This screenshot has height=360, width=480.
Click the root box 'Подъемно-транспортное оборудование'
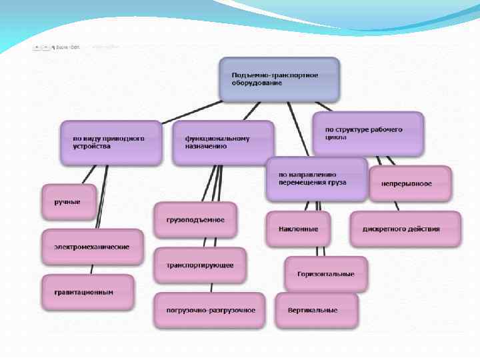click(279, 79)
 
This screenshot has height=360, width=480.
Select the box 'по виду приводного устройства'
click(111, 143)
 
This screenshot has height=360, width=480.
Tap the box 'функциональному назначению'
click(223, 143)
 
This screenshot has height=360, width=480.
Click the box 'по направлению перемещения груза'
click(316, 179)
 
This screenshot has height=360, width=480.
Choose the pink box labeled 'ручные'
click(69, 201)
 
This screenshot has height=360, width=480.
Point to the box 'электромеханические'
click(92, 247)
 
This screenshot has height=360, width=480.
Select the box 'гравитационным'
click(87, 292)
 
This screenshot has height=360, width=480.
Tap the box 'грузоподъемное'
click(195, 220)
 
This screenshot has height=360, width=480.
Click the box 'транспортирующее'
click(199, 265)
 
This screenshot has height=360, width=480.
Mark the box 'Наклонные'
click(298, 229)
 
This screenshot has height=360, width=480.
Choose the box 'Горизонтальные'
click(326, 274)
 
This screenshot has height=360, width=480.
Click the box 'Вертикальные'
click(316, 310)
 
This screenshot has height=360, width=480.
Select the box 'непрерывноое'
click(410, 183)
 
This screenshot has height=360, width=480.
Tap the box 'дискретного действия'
click(405, 229)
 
